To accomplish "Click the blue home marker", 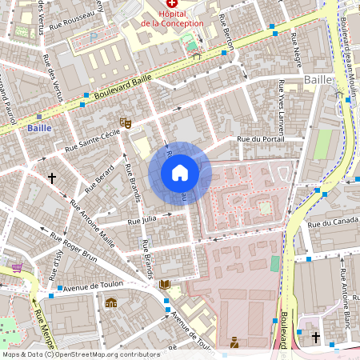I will [x=180, y=173].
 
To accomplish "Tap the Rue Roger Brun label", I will [x=74, y=247].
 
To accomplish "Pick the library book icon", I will [x=165, y=284].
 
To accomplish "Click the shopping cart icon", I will [x=18, y=268].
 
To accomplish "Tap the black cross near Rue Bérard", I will [x=53, y=178].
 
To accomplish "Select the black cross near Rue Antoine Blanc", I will [x=316, y=338].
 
